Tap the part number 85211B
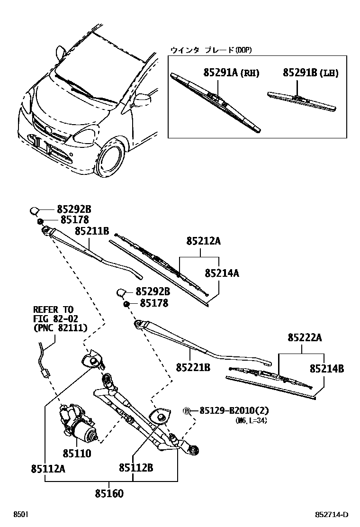pos(92,231)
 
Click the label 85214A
pos(222,273)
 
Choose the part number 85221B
pos(193,367)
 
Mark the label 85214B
pos(327,368)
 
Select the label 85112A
pos(48,469)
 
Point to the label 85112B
pos(136,468)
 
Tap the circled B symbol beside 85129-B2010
pos(187,410)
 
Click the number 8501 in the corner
pos(20,515)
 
